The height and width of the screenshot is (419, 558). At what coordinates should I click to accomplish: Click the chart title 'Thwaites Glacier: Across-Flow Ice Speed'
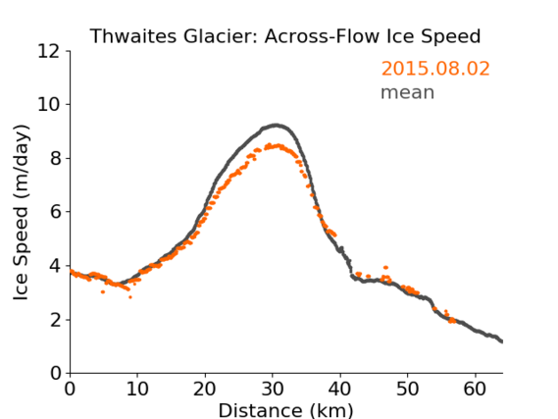285,36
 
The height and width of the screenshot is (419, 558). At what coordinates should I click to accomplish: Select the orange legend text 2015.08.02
435,69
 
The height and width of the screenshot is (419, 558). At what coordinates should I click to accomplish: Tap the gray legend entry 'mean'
408,92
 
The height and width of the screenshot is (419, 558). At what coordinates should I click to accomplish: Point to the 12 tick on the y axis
49,51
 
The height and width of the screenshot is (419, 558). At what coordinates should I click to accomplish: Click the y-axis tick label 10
49,104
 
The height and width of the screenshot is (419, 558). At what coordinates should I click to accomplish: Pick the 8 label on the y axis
55,158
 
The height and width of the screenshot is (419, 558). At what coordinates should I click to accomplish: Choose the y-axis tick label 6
55,212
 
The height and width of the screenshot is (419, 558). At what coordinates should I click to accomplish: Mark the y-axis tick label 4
55,266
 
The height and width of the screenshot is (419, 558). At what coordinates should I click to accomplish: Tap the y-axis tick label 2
55,319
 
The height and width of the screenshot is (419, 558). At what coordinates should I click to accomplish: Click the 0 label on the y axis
55,373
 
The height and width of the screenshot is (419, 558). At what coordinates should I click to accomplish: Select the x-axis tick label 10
137,389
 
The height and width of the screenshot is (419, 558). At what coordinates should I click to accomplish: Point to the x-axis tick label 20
205,389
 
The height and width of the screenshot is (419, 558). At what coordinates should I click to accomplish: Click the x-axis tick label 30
273,389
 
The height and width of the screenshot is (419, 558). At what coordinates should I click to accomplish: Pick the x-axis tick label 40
340,389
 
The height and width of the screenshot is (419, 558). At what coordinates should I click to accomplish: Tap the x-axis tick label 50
408,389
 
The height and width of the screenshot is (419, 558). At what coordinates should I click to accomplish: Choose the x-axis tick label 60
476,389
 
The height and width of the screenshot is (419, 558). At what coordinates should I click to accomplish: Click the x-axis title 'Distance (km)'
285,410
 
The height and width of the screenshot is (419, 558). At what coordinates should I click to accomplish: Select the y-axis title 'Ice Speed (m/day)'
21,213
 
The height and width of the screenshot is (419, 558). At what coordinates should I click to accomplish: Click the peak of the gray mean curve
276,126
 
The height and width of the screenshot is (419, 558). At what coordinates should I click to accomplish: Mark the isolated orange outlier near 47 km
385,267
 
